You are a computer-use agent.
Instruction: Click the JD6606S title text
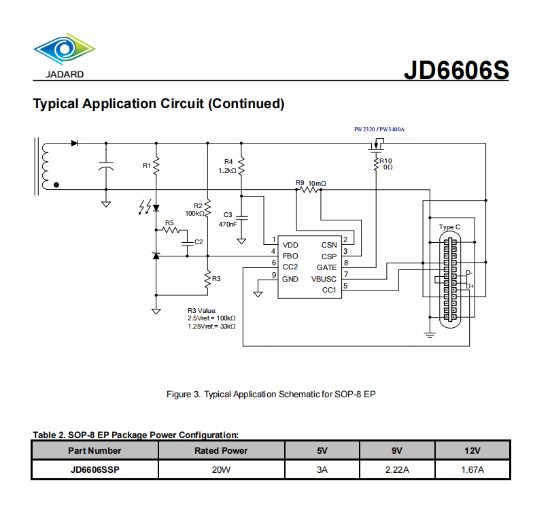click(x=456, y=71)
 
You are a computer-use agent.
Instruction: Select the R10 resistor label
click(x=385, y=161)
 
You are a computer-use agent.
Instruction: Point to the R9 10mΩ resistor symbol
click(x=310, y=190)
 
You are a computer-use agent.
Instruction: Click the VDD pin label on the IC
click(x=290, y=245)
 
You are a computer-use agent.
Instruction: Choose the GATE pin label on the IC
click(x=326, y=267)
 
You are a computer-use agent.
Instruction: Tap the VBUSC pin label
click(x=324, y=278)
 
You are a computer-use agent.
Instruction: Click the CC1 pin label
click(x=329, y=290)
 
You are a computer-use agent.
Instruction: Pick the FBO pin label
click(x=290, y=256)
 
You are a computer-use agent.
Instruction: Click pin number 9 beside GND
click(x=274, y=276)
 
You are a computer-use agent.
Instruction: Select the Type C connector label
click(x=449, y=227)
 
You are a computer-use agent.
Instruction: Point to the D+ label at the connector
click(x=470, y=286)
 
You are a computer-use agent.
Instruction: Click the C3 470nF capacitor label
click(x=228, y=219)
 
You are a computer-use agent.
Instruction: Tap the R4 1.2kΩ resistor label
click(x=227, y=166)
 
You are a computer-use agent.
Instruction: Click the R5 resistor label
click(x=169, y=222)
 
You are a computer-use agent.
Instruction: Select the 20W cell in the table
click(x=221, y=470)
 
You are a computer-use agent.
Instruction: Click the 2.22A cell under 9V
click(x=397, y=470)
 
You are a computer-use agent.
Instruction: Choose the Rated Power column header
click(x=221, y=450)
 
